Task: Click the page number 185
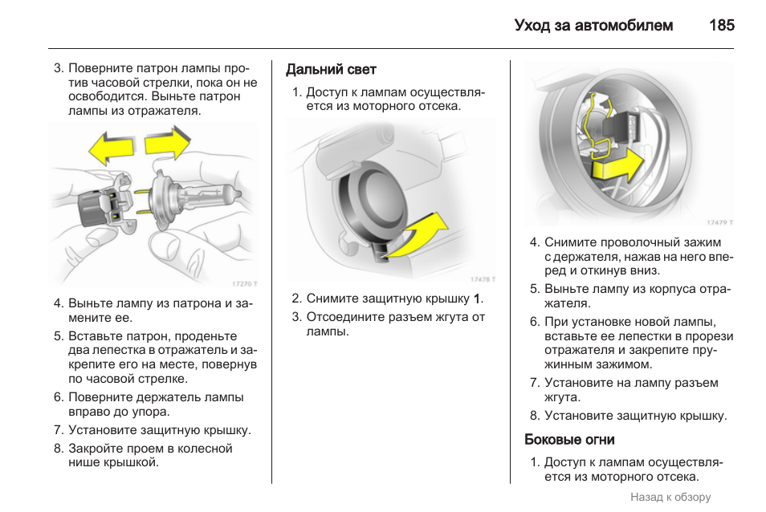721,26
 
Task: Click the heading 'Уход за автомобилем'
593,26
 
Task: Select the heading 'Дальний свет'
331,71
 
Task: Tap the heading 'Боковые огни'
569,439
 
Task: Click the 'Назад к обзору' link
670,497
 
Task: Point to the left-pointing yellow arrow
111,149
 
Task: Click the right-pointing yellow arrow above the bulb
168,144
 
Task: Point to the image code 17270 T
244,283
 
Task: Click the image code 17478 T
482,279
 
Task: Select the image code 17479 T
720,222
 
